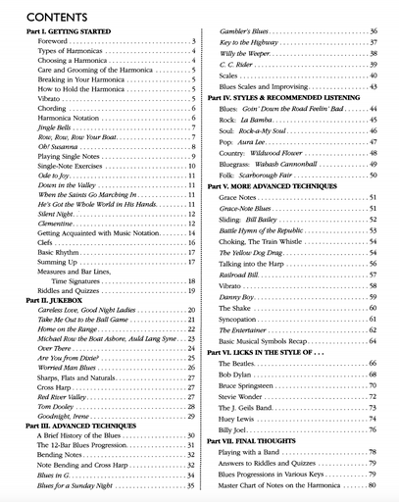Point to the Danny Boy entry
[x=236, y=296]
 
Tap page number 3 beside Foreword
[x=193, y=43]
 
